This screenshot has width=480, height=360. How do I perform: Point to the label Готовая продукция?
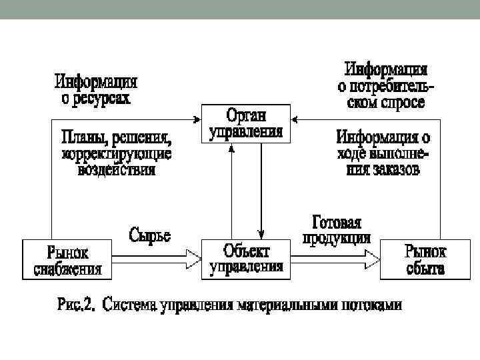click(x=337, y=230)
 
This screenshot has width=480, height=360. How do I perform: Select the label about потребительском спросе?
click(x=386, y=86)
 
